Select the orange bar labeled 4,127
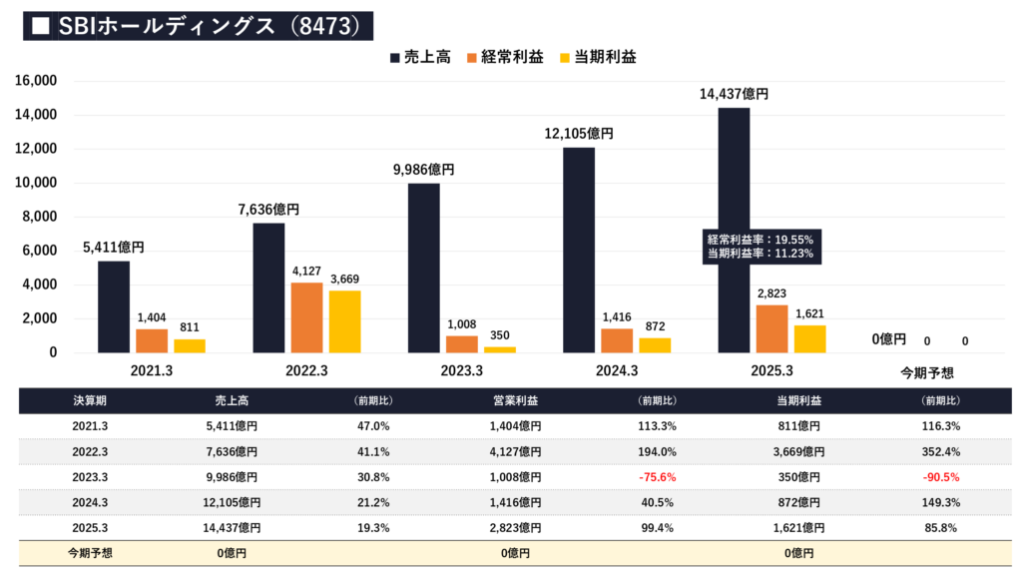307,317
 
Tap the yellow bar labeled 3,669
345,321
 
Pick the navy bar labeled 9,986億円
424,268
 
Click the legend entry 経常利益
504,57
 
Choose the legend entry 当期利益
600,57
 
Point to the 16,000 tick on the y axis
37,81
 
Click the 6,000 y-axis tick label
41,251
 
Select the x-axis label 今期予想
926,372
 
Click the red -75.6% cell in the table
657,477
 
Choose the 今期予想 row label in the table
91,553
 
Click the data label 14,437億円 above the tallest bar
734,94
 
